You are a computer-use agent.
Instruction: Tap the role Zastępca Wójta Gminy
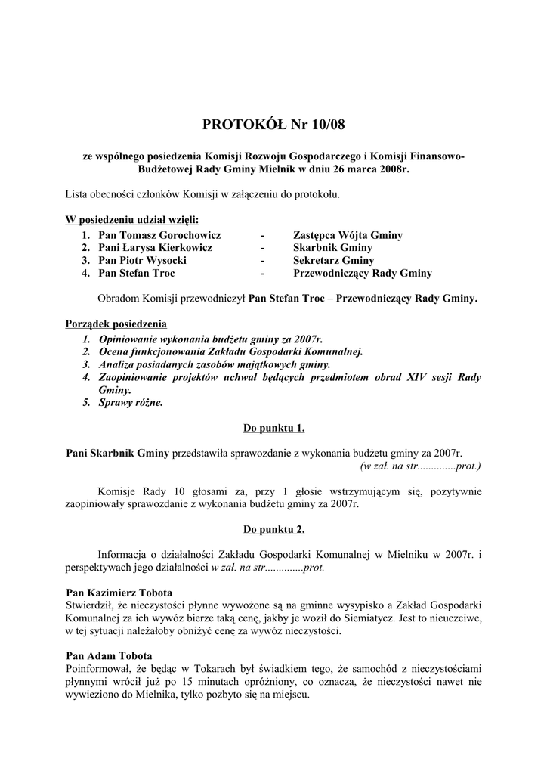pos(348,236)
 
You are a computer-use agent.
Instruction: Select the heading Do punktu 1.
pos(273,429)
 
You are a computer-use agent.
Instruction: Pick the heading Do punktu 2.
pos(273,528)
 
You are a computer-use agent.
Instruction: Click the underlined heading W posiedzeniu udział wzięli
pos(133,221)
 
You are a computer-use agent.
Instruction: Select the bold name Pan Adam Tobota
pos(110,655)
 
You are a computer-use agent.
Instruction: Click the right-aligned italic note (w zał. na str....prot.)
pos(420,466)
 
